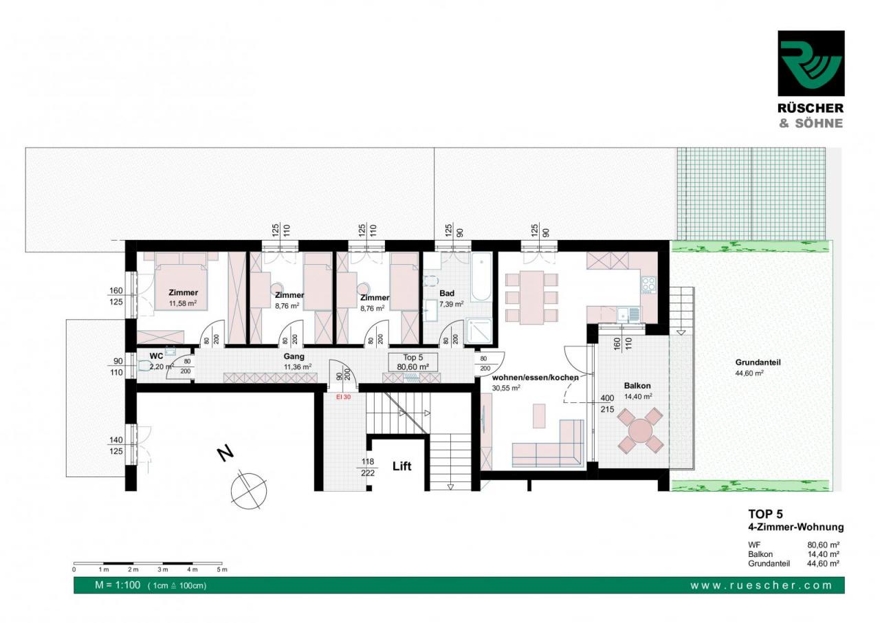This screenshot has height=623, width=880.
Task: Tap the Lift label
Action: point(402,466)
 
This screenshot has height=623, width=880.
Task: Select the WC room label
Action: point(156,356)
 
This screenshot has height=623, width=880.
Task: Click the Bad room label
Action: point(447,293)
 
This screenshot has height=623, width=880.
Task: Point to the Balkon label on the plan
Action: point(637,386)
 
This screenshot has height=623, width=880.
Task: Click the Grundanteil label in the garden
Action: point(758,362)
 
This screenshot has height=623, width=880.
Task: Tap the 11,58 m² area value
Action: point(183,303)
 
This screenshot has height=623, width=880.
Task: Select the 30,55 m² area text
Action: point(506,388)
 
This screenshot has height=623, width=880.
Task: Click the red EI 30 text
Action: point(343,397)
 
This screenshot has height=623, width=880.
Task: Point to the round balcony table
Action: point(640,430)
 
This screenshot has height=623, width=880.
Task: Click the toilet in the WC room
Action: point(144,367)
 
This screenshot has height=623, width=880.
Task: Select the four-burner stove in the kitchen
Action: point(648,285)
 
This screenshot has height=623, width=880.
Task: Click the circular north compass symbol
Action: point(249,490)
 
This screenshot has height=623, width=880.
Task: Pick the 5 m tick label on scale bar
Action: point(222,569)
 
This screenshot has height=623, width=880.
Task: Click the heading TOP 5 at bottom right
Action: point(765,514)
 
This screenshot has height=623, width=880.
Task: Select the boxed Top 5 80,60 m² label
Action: point(413,362)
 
